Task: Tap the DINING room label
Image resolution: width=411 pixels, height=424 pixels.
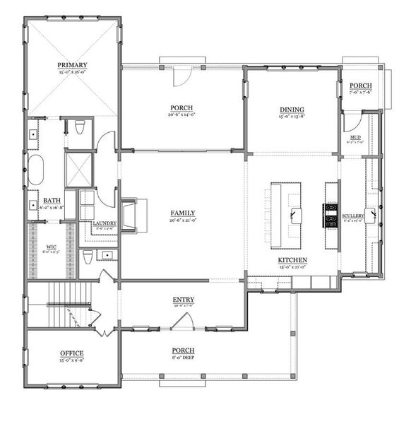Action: pyautogui.click(x=292, y=109)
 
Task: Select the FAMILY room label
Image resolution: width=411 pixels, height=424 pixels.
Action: pyautogui.click(x=183, y=213)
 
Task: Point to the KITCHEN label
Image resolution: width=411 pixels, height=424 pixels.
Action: pyautogui.click(x=292, y=261)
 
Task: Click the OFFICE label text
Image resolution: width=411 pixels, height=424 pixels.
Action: pyautogui.click(x=71, y=353)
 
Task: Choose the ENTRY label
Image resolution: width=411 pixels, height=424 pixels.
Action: pyautogui.click(x=184, y=300)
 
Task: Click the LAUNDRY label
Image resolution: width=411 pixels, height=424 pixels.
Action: pyautogui.click(x=105, y=224)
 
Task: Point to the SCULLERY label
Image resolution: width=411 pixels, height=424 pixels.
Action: pyautogui.click(x=352, y=215)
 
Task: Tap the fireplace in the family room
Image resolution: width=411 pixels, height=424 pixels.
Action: pyautogui.click(x=132, y=215)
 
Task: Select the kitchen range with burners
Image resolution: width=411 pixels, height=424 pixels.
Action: pyautogui.click(x=330, y=215)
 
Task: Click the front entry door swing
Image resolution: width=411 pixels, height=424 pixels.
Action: pyautogui.click(x=184, y=323)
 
